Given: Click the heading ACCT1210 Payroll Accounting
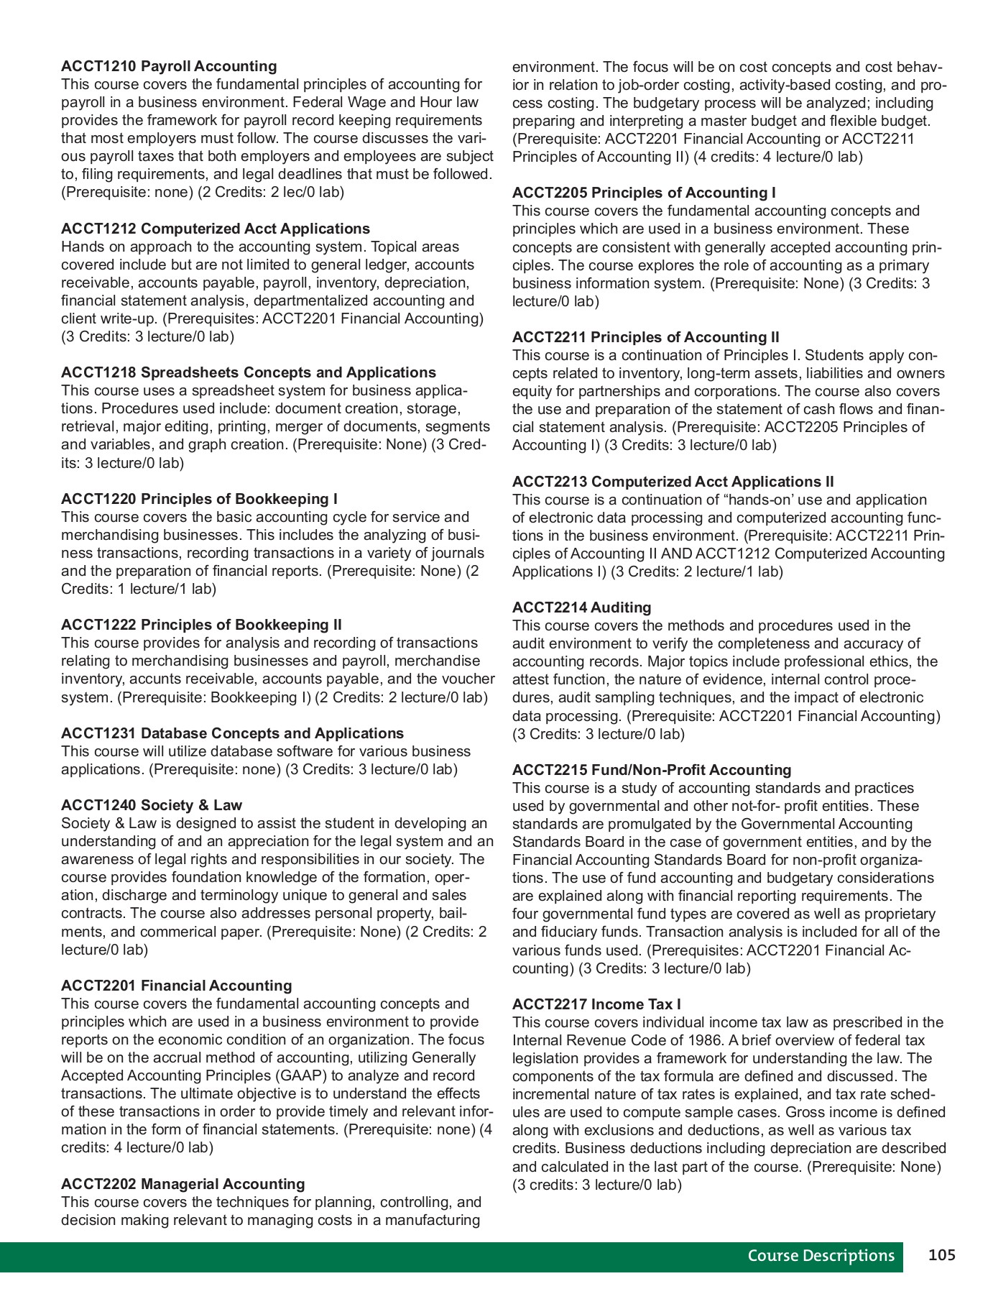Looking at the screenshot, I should pos(169,66).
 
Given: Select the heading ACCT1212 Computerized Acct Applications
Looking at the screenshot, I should pos(216,229).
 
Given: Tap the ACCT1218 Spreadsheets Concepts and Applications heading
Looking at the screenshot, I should pos(249,372).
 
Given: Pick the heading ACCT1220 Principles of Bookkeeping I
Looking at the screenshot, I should pos(199,499).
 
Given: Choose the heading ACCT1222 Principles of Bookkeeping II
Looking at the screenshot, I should pos(201,625).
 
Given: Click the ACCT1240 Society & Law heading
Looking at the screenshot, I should pos(152,805).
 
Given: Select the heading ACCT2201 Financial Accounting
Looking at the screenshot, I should pos(177,986).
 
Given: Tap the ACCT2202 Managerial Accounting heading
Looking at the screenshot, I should pos(183,1184).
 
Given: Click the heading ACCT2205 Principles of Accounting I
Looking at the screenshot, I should pos(644,193).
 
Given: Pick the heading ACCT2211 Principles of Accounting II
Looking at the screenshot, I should pos(646,337).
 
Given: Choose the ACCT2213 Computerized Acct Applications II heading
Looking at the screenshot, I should pos(673,482).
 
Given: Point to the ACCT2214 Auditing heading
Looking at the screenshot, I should pos(582,607).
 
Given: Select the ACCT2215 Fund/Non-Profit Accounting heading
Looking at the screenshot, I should pos(652,770).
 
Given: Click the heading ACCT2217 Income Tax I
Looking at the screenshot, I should pos(597,1004).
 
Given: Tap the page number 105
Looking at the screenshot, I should pos(942,1255).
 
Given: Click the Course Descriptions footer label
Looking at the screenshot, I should pos(821,1256).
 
